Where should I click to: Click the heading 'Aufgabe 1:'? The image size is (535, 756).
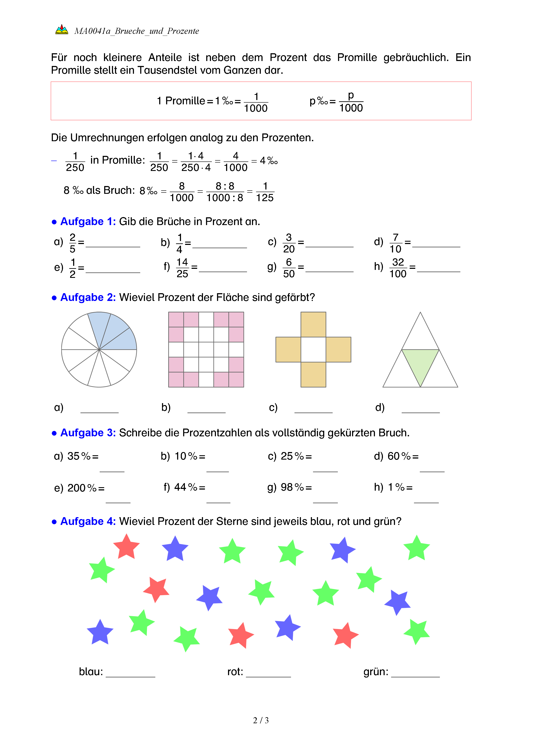coord(88,222)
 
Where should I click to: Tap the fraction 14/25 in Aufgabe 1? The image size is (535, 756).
coord(182,268)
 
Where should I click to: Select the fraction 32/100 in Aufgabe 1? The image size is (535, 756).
coord(398,268)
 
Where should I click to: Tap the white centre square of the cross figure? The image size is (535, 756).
coord(313,349)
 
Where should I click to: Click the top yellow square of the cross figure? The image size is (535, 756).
coord(313,324)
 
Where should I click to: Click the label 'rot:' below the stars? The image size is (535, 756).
coord(235,671)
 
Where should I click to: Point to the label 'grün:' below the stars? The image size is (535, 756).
coord(376,671)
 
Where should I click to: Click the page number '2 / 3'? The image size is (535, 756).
coord(261,720)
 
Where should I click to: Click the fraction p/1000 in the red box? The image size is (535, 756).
coord(351,102)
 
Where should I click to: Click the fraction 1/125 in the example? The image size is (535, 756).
coord(265,192)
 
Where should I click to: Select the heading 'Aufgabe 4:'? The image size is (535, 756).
coord(88,521)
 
